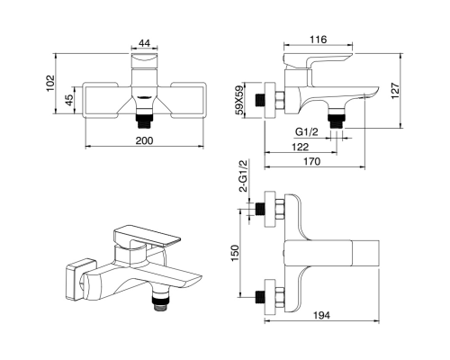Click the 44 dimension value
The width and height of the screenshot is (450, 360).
[144, 43]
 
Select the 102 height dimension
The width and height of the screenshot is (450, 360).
[50, 83]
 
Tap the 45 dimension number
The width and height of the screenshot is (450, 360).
[69, 100]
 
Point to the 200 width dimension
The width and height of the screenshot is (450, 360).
[144, 140]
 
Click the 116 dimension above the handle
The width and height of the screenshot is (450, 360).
[318, 40]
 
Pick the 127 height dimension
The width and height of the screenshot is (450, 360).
[395, 91]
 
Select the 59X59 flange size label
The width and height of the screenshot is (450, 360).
[239, 101]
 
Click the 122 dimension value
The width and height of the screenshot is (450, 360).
[300, 147]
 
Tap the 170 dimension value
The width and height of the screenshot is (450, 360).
[312, 161]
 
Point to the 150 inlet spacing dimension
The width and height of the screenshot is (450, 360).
[235, 253]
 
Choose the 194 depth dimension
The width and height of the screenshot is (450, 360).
[321, 315]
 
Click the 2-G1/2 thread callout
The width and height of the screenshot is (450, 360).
[243, 175]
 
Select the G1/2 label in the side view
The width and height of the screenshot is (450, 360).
[306, 131]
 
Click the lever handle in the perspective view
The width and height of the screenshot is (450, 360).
[147, 237]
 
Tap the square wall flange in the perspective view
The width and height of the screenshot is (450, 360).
[80, 279]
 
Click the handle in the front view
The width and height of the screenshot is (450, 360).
[144, 61]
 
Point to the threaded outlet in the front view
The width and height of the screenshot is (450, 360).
[144, 121]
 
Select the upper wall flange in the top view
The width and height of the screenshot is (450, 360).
[270, 209]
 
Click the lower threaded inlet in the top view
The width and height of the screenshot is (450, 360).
[259, 297]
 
